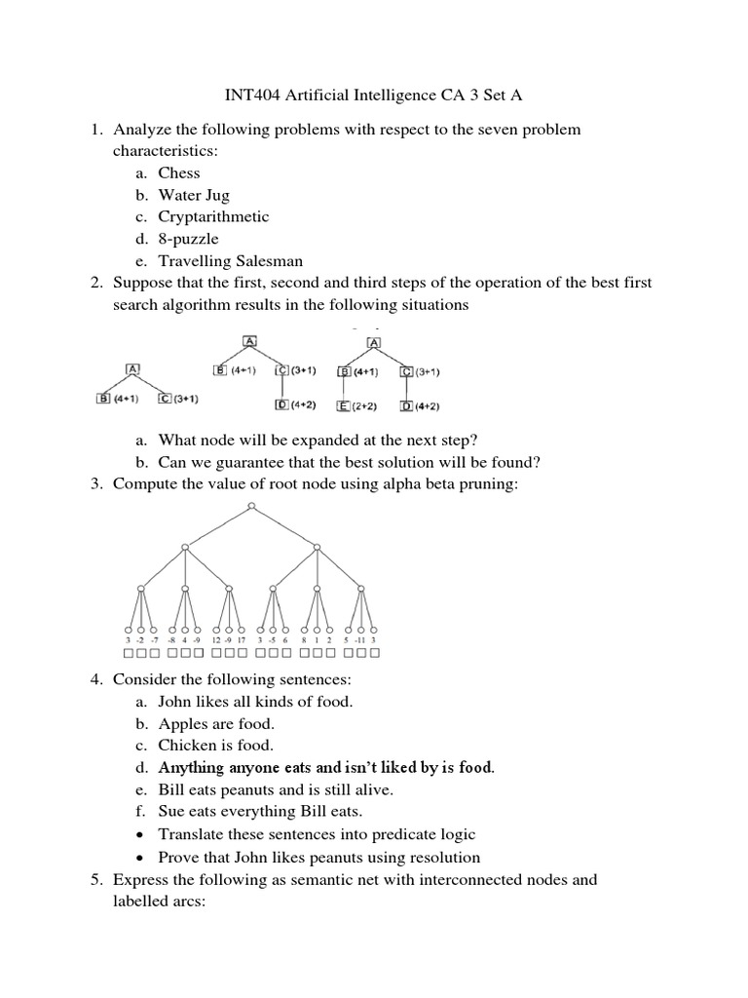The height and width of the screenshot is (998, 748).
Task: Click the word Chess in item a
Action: [179, 173]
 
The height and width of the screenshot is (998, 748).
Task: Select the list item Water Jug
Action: [194, 195]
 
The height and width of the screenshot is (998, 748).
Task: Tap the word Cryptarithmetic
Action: [213, 217]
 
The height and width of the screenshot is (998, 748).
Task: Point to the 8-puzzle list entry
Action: [188, 239]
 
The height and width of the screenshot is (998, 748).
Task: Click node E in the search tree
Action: [344, 405]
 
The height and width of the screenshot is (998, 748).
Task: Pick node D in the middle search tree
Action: [281, 403]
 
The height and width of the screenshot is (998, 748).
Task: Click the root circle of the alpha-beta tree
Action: [251, 506]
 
